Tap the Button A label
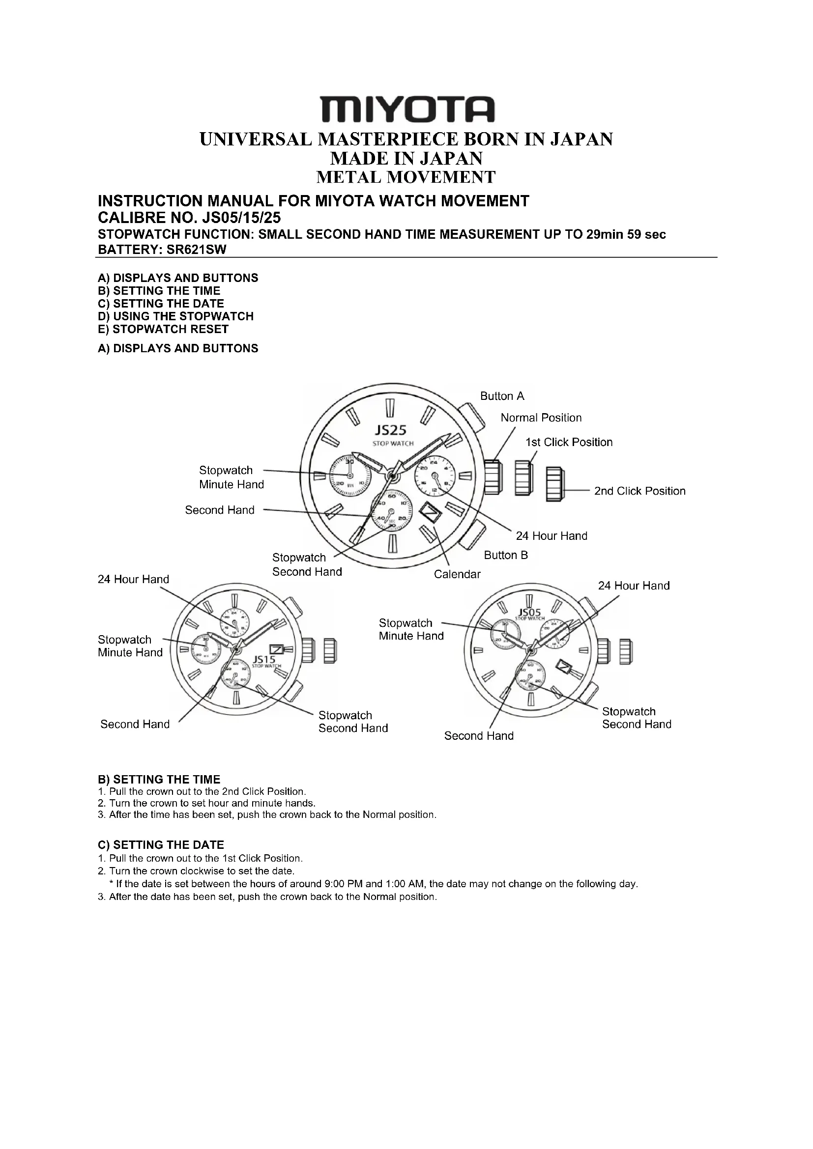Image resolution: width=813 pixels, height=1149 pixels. tap(502, 396)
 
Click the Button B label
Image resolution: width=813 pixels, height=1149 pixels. tap(506, 555)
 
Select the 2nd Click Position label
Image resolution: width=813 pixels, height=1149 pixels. tap(639, 491)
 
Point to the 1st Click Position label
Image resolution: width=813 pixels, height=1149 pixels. tap(569, 443)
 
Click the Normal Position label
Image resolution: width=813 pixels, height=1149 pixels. tap(541, 418)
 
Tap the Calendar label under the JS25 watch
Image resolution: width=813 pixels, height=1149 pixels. tap(457, 575)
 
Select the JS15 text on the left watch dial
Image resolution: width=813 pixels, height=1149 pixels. tap(264, 659)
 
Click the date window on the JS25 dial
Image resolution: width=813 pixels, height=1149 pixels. tap(430, 513)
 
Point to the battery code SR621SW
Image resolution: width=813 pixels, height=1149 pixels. tap(196, 250)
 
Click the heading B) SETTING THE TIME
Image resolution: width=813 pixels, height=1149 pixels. tap(159, 779)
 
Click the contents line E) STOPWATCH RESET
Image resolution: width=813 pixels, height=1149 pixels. tap(163, 329)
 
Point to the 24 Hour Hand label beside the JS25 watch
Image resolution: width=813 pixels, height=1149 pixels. tap(551, 536)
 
